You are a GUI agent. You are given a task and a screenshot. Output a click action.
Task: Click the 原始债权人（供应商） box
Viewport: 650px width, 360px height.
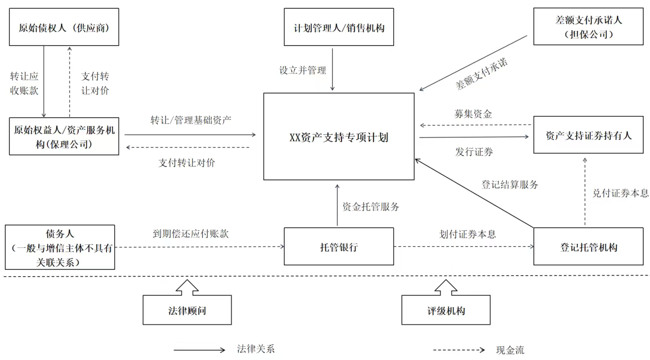point(64,27)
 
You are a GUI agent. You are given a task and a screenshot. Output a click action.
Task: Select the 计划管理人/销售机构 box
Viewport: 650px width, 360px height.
point(339,27)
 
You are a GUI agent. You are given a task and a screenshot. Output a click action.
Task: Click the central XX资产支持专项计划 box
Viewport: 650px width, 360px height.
point(339,137)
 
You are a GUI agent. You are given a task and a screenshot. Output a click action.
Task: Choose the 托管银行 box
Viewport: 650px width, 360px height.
point(339,247)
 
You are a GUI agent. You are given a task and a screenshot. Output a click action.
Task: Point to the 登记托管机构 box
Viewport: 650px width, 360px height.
point(588,247)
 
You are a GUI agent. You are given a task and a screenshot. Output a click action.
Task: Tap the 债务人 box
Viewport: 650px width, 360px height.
point(60,247)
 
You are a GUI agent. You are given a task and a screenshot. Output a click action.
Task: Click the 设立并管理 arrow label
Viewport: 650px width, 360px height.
point(303,71)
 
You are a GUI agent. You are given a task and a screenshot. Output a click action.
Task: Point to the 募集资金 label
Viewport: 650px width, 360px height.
point(473,114)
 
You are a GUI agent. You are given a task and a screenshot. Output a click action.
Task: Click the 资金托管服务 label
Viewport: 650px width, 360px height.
point(371,207)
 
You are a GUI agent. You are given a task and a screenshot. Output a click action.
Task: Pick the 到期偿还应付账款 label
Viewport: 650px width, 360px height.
point(190,234)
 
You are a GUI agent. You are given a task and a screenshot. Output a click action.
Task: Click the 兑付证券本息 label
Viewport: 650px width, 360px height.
point(620,193)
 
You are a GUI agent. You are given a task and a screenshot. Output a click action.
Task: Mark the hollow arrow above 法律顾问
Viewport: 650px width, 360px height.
point(187,287)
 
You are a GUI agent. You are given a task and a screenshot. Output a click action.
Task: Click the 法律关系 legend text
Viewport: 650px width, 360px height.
point(256,350)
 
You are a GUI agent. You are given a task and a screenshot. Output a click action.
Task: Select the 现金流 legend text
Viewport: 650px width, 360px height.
point(510,350)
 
